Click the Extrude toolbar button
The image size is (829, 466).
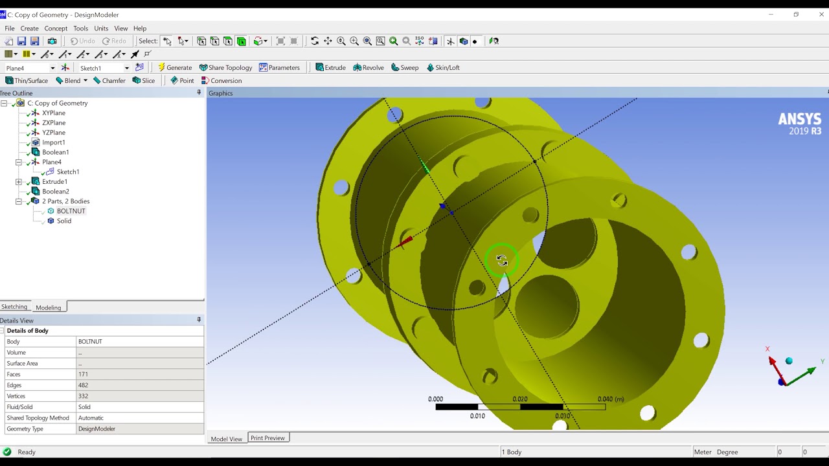(x=330, y=67)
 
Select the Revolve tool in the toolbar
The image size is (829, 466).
(x=369, y=67)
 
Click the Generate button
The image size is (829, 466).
(x=175, y=67)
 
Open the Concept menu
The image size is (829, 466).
(x=56, y=28)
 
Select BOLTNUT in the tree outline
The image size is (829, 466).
(x=71, y=211)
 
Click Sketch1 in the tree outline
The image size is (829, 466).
(x=67, y=172)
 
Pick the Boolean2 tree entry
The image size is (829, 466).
(x=55, y=192)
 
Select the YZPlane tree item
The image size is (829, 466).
(x=53, y=133)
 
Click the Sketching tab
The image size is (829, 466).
(x=14, y=307)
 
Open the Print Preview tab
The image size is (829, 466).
(x=267, y=438)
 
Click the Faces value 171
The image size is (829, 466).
(x=83, y=374)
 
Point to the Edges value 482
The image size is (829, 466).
(x=83, y=385)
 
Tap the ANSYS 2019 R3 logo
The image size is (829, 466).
(x=799, y=123)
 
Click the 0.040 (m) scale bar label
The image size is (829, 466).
(x=610, y=399)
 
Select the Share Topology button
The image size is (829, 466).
(x=225, y=67)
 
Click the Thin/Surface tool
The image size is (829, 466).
(x=27, y=81)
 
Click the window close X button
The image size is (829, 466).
(x=821, y=14)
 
